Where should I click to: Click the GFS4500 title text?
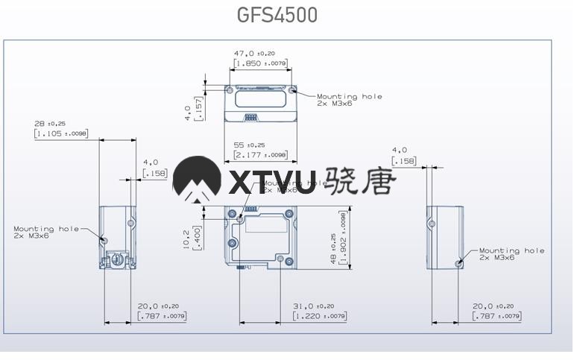277,15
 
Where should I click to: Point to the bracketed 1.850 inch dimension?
260,63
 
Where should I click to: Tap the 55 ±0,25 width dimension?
250,145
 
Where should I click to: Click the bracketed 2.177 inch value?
260,155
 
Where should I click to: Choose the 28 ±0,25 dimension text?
50,123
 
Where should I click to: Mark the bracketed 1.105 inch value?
61,133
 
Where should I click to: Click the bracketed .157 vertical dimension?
199,109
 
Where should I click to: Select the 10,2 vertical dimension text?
186,236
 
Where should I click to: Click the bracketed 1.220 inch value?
320,316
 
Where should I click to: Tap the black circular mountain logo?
196,180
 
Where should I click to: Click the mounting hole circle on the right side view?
459,262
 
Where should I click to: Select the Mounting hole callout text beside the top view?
349,99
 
